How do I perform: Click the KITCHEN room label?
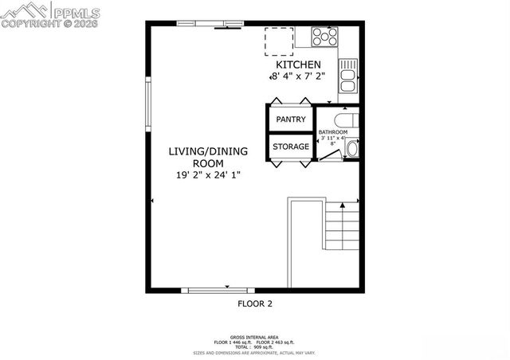(298, 65)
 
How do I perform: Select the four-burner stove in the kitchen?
(324, 37)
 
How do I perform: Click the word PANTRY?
(291, 119)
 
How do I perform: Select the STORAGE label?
(291, 147)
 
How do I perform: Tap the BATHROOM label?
(333, 131)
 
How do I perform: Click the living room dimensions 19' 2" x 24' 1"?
(208, 174)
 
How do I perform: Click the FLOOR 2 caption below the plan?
(255, 303)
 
